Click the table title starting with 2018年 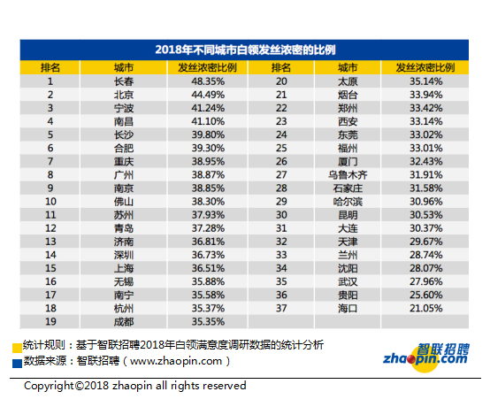(x=245, y=50)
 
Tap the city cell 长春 (x=124, y=81)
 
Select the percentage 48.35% (x=208, y=81)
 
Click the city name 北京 (x=124, y=95)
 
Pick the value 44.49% (x=208, y=95)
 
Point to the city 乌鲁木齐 (x=348, y=175)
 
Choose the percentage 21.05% (x=426, y=309)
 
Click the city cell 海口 (x=348, y=309)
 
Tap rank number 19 (x=50, y=322)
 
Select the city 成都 (x=124, y=322)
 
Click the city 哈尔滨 (x=348, y=202)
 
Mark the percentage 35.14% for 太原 (x=426, y=81)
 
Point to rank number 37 (x=281, y=309)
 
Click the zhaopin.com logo (x=426, y=357)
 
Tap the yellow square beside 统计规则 (x=17, y=348)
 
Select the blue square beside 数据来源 (x=17, y=364)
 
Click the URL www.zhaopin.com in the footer (x=176, y=362)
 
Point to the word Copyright (x=49, y=386)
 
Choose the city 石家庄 (x=348, y=188)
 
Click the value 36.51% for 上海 (x=208, y=268)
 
